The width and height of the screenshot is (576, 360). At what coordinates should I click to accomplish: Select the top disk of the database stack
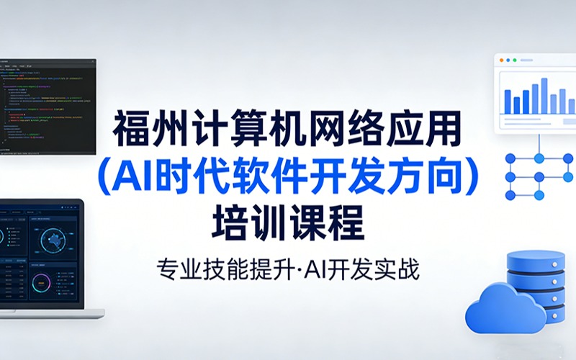coord(534,258)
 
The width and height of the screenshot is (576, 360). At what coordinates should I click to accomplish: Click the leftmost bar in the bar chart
coord(508,101)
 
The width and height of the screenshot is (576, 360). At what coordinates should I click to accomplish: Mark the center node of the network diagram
coord(538,176)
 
